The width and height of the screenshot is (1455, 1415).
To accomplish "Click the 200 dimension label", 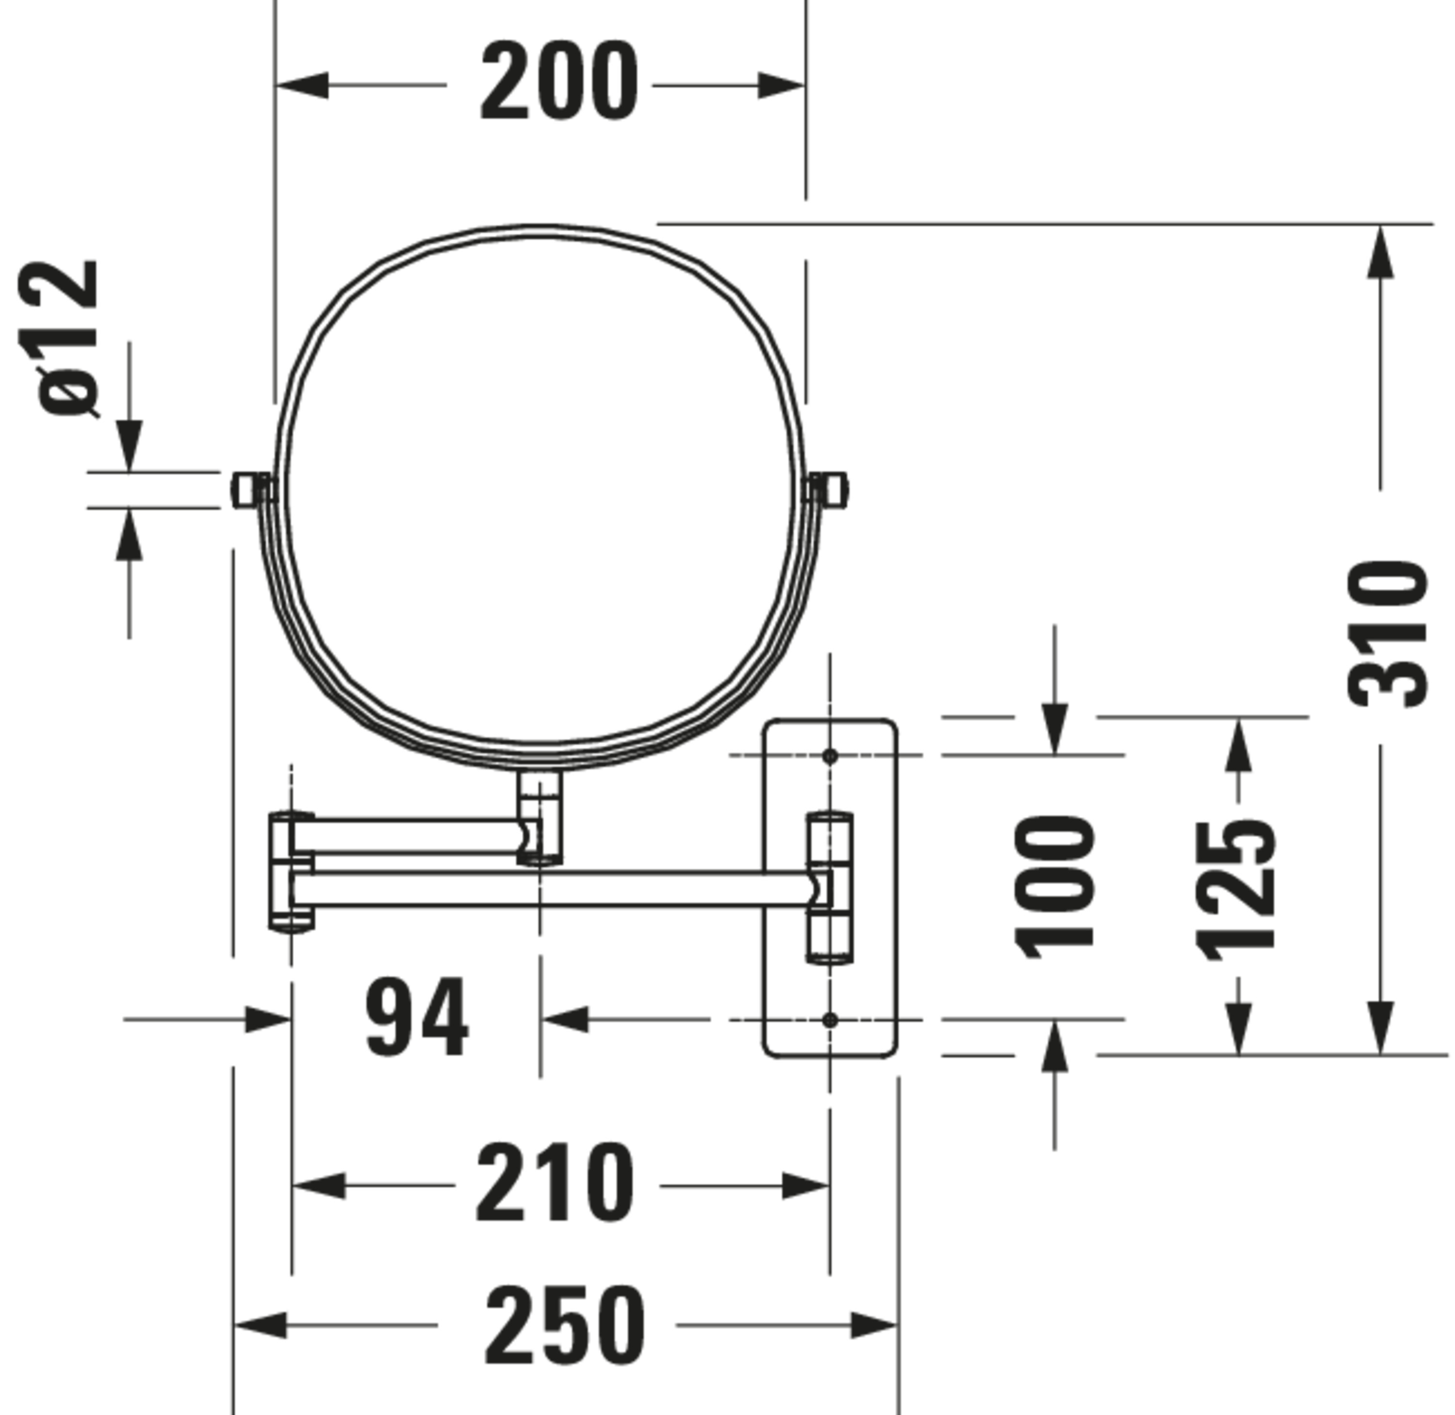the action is [x=559, y=82].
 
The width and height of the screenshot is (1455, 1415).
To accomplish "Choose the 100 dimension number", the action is [x=1054, y=887].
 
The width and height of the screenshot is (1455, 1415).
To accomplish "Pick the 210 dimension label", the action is [x=555, y=1184].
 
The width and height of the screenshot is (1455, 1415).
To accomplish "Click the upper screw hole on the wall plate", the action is [x=830, y=756].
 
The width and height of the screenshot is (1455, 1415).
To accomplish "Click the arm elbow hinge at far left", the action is [x=291, y=872].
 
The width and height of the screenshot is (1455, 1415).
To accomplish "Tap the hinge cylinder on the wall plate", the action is [x=830, y=887].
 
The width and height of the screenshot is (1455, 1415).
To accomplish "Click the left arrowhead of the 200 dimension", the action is [x=302, y=85].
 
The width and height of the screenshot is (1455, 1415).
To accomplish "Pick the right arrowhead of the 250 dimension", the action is [x=873, y=1325].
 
